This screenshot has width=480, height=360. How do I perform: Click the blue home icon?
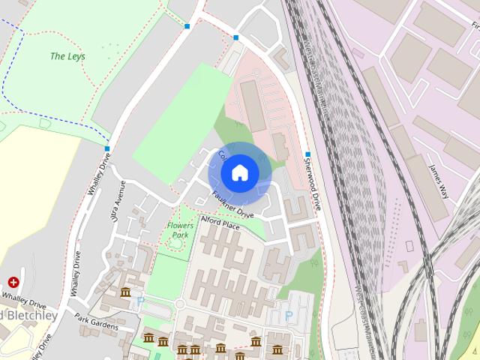(x=239, y=173)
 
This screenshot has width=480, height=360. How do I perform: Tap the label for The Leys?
(x=67, y=56)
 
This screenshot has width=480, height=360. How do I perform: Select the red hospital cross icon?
(x=13, y=282)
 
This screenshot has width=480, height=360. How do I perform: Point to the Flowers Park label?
(x=179, y=230)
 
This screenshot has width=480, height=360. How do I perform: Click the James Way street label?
(x=437, y=181)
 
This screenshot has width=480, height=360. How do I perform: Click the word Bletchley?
(x=30, y=315)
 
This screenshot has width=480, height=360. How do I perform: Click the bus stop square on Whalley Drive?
(x=107, y=148)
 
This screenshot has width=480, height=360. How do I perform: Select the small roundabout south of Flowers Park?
(x=179, y=304)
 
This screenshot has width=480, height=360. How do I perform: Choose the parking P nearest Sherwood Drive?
(x=289, y=316)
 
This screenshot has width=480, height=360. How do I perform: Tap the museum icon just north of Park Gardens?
(x=125, y=292)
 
